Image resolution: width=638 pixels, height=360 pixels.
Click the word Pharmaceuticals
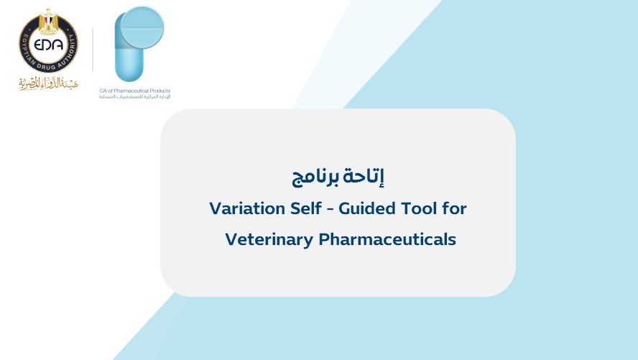(x=387, y=239)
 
